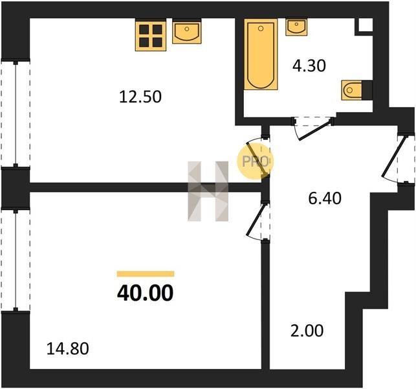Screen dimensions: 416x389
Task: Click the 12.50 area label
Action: pyautogui.click(x=140, y=97)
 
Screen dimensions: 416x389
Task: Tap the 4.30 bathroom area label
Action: pyautogui.click(x=309, y=66)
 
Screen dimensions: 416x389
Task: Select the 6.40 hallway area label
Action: pyautogui.click(x=325, y=198)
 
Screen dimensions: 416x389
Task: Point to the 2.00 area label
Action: pyautogui.click(x=307, y=331)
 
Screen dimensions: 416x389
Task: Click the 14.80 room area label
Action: pyautogui.click(x=68, y=349)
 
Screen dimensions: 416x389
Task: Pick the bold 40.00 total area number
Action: pyautogui.click(x=145, y=293)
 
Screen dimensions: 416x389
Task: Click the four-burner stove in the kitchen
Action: pyautogui.click(x=151, y=36)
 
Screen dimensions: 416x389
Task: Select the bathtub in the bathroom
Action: pyautogui.click(x=261, y=54)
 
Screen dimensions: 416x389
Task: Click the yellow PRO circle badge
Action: pyautogui.click(x=255, y=161)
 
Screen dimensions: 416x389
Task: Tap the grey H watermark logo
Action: pyautogui.click(x=208, y=191)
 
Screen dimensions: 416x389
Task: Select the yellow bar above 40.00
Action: pyautogui.click(x=146, y=274)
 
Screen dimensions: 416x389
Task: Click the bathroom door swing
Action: pyautogui.click(x=312, y=128)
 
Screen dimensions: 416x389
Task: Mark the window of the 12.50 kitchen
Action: pyautogui.click(x=16, y=114)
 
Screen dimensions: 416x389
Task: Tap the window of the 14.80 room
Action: pyautogui.click(x=16, y=260)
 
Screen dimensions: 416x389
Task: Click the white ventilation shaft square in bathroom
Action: pyautogui.click(x=366, y=25)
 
